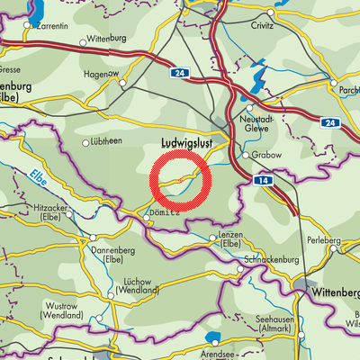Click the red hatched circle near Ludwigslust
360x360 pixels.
pos(182,181)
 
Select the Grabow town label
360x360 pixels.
pos(266,155)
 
